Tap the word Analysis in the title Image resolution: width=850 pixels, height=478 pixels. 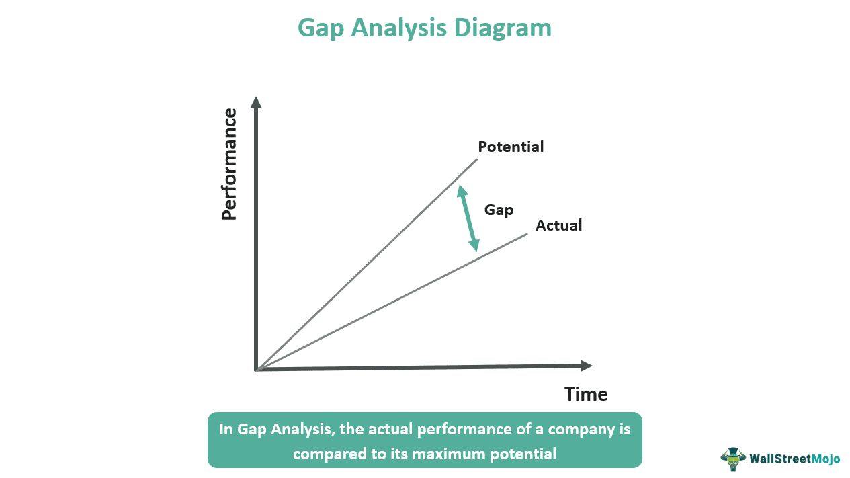click(405, 29)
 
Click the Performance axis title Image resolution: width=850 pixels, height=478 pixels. click(229, 164)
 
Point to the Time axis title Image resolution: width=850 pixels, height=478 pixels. click(586, 394)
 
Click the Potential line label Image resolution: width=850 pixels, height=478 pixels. click(511, 147)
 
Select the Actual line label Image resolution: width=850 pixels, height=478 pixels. click(558, 225)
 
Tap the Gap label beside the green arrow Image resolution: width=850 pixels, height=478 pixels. click(499, 210)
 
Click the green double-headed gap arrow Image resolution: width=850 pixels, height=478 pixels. click(468, 218)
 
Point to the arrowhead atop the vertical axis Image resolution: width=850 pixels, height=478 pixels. click(255, 103)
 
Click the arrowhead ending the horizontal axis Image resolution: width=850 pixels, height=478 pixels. click(585, 366)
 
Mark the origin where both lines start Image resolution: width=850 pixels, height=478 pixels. click(257, 370)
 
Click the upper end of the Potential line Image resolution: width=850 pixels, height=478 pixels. click(476, 159)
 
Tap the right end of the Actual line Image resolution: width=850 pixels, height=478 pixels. click(527, 233)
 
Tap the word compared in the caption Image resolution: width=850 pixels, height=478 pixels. click(326, 454)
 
